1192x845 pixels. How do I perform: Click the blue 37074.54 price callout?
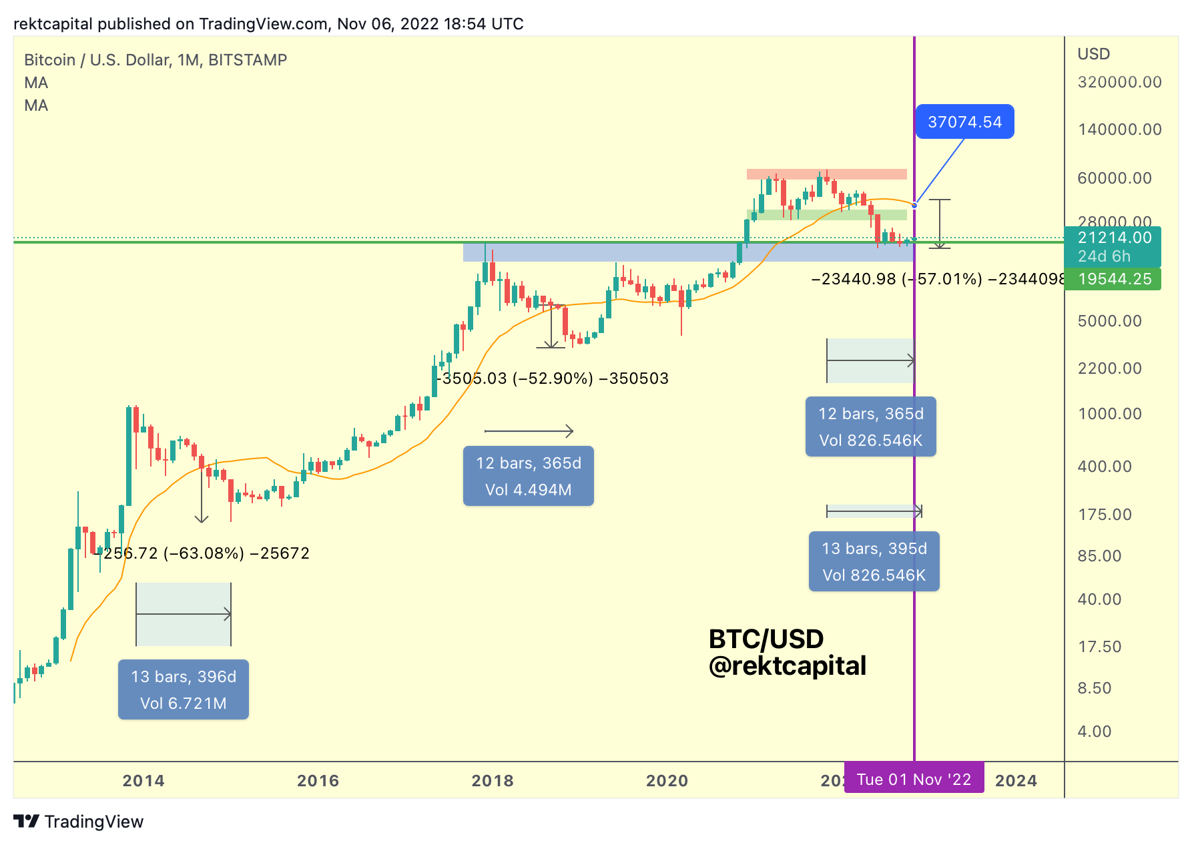click(964, 122)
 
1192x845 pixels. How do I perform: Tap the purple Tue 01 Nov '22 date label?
click(914, 780)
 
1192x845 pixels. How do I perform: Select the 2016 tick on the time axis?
click(318, 781)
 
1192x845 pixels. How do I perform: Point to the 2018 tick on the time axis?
click(493, 781)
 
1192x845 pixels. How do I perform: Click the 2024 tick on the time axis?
click(1016, 781)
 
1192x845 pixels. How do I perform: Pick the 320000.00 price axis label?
click(1119, 82)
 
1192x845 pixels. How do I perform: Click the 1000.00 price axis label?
click(1110, 414)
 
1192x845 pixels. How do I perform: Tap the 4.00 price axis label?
click(1095, 732)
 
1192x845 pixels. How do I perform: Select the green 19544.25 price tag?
click(1113, 279)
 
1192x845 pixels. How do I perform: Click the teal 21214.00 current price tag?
click(1113, 246)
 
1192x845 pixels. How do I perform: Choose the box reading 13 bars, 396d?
click(184, 689)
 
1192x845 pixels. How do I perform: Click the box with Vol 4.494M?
click(528, 476)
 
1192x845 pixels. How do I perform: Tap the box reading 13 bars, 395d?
click(874, 561)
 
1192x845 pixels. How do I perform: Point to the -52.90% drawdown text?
click(555, 378)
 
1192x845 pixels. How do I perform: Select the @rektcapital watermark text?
click(787, 665)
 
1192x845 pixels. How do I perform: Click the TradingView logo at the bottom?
click(79, 822)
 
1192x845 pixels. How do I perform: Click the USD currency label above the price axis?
click(1093, 54)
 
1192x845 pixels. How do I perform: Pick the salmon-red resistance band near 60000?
click(826, 174)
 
